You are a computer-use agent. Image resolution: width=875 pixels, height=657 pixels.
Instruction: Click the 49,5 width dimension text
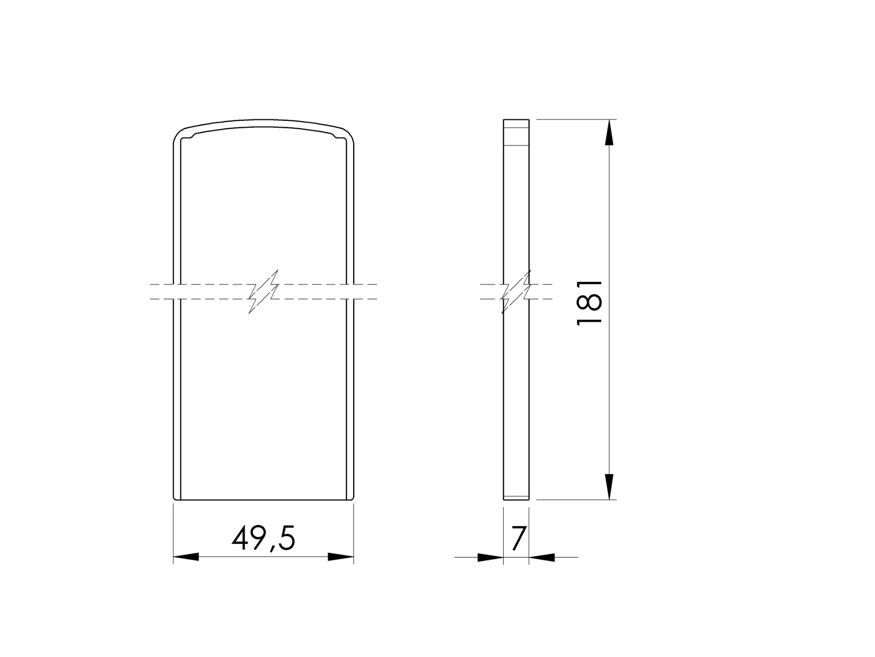(264, 539)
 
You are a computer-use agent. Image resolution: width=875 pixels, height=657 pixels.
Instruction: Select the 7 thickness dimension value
(518, 539)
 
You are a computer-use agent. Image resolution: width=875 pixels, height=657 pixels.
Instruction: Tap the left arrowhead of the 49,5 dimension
(186, 557)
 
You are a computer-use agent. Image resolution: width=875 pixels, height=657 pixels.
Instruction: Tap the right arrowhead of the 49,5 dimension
(341, 557)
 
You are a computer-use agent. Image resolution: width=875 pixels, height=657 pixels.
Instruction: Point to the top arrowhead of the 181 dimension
(609, 133)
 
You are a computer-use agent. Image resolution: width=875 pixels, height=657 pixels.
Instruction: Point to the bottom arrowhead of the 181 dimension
(609, 486)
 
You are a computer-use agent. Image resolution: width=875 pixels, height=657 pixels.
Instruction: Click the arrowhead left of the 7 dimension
(490, 557)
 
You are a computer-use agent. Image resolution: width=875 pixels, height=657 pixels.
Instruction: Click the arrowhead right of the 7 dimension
(542, 557)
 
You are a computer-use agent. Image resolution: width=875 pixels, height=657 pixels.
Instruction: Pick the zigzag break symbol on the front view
(264, 292)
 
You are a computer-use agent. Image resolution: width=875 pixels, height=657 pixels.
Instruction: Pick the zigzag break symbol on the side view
(516, 292)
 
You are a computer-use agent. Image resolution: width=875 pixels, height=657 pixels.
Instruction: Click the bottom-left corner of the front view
(174, 498)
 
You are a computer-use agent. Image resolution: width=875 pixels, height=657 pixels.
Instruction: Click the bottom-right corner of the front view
(353, 498)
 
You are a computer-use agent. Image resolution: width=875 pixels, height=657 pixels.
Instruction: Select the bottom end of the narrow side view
(516, 498)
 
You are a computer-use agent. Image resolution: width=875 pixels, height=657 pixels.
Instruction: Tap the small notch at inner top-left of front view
(193, 136)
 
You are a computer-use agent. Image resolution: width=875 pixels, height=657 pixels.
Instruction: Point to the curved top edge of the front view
(264, 121)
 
